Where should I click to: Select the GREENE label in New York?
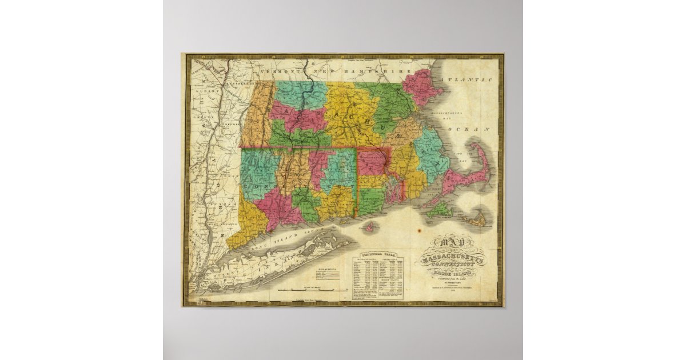(x=199, y=117)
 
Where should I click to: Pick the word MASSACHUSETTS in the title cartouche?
(x=452, y=260)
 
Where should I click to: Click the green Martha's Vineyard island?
(x=439, y=210)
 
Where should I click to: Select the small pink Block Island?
(x=370, y=227)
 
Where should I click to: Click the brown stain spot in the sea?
(x=419, y=231)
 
